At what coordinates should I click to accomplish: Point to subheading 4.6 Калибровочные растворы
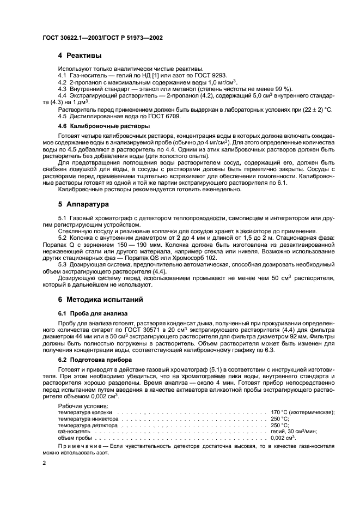(96, 126)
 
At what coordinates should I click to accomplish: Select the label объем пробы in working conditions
(75, 437)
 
